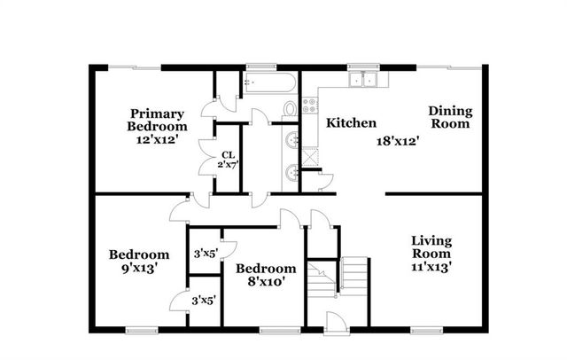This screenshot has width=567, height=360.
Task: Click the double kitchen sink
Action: click(x=362, y=80)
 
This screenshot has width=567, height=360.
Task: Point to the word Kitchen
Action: click(x=352, y=123)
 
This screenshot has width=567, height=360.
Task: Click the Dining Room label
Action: click(x=450, y=117)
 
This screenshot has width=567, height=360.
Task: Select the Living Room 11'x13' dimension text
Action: click(x=432, y=268)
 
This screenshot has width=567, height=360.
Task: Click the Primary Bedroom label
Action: click(x=158, y=120)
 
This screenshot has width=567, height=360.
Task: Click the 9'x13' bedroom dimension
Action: click(x=137, y=268)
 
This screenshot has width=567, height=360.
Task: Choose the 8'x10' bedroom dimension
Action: click(x=265, y=283)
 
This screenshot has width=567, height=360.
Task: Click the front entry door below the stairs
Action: click(x=333, y=322)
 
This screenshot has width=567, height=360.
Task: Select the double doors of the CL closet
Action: click(x=210, y=158)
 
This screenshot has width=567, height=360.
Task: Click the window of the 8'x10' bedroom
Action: click(x=274, y=332)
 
